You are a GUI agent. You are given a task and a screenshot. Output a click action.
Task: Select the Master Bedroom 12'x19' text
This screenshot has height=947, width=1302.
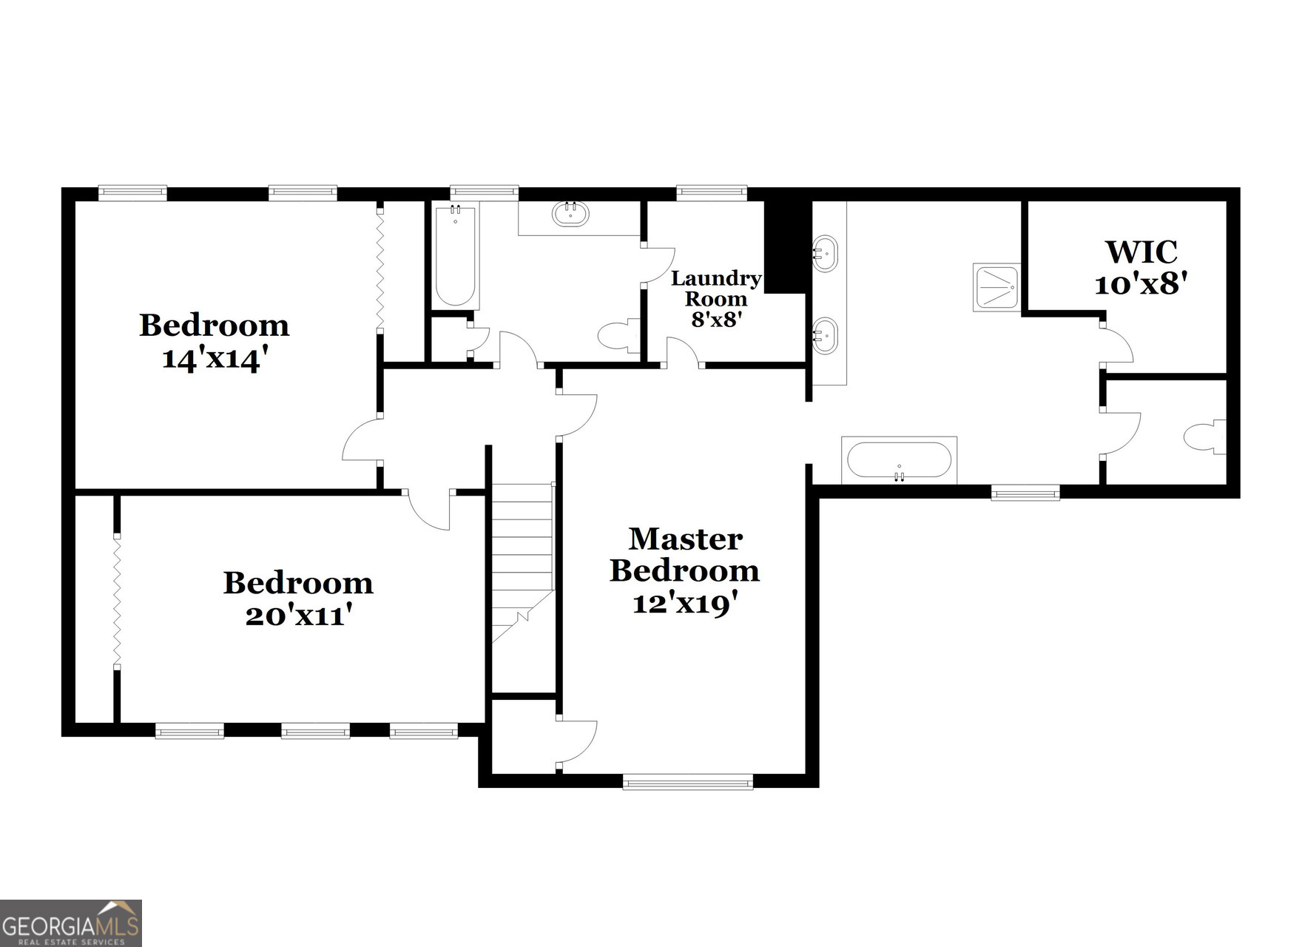click(x=685, y=570)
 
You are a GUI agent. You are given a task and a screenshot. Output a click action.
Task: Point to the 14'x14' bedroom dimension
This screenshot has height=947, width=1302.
click(x=215, y=360)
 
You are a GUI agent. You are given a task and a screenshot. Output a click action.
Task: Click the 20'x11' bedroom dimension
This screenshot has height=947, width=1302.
click(x=298, y=616)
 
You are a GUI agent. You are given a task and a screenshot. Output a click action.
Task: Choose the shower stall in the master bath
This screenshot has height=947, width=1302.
click(x=996, y=287)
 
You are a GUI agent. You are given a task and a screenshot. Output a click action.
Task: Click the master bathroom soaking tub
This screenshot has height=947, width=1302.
click(x=899, y=460)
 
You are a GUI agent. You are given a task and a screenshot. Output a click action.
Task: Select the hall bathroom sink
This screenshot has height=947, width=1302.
click(x=570, y=214)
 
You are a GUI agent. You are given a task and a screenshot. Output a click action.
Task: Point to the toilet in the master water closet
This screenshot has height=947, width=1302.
click(x=1204, y=437)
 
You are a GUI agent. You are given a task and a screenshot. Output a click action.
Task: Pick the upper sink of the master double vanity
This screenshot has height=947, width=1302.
click(x=825, y=254)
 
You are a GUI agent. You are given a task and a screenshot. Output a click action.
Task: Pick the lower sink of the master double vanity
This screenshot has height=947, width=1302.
click(x=825, y=336)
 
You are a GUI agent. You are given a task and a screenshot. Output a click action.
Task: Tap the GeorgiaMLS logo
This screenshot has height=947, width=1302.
click(x=70, y=923)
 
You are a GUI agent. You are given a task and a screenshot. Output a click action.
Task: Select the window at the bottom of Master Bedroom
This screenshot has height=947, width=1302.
click(x=687, y=781)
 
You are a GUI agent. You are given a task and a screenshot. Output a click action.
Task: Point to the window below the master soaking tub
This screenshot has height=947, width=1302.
click(x=1025, y=492)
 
